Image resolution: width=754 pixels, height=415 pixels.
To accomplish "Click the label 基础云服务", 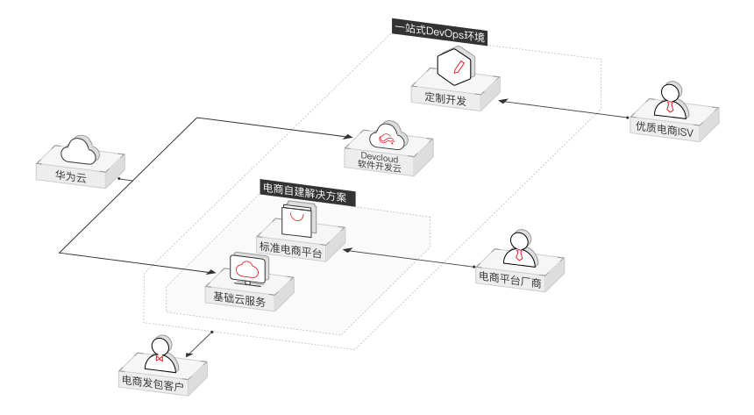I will click(x=238, y=298).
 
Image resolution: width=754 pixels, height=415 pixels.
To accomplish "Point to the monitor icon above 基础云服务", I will click(x=248, y=268).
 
